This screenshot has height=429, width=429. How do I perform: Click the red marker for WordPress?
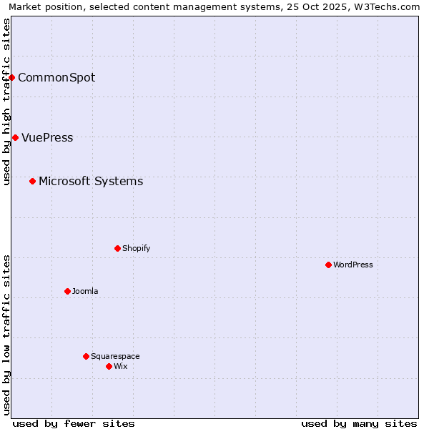[328, 265]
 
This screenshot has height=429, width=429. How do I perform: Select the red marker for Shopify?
[117, 248]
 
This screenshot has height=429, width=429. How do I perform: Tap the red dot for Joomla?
[67, 291]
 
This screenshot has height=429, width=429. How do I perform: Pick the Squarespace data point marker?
[86, 356]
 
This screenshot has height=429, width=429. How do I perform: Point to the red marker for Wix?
[109, 366]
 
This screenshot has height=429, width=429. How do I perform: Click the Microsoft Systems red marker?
[32, 181]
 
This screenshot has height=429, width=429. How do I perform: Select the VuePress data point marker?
[15, 137]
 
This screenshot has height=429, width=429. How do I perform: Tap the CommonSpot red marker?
[12, 77]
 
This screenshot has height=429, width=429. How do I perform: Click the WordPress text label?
[353, 265]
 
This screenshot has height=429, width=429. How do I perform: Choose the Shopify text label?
[136, 248]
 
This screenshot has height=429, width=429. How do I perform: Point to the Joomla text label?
[85, 291]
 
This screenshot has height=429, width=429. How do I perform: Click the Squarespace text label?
[115, 356]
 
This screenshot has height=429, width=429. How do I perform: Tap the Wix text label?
[120, 366]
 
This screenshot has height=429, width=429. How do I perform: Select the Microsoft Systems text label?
[91, 181]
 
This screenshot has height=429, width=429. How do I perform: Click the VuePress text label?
[47, 137]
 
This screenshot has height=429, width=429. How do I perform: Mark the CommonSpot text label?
[56, 77]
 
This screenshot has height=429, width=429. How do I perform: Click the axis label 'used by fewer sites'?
[74, 423]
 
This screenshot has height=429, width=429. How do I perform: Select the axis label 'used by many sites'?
[359, 423]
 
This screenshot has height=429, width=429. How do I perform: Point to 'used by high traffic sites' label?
[6, 102]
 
